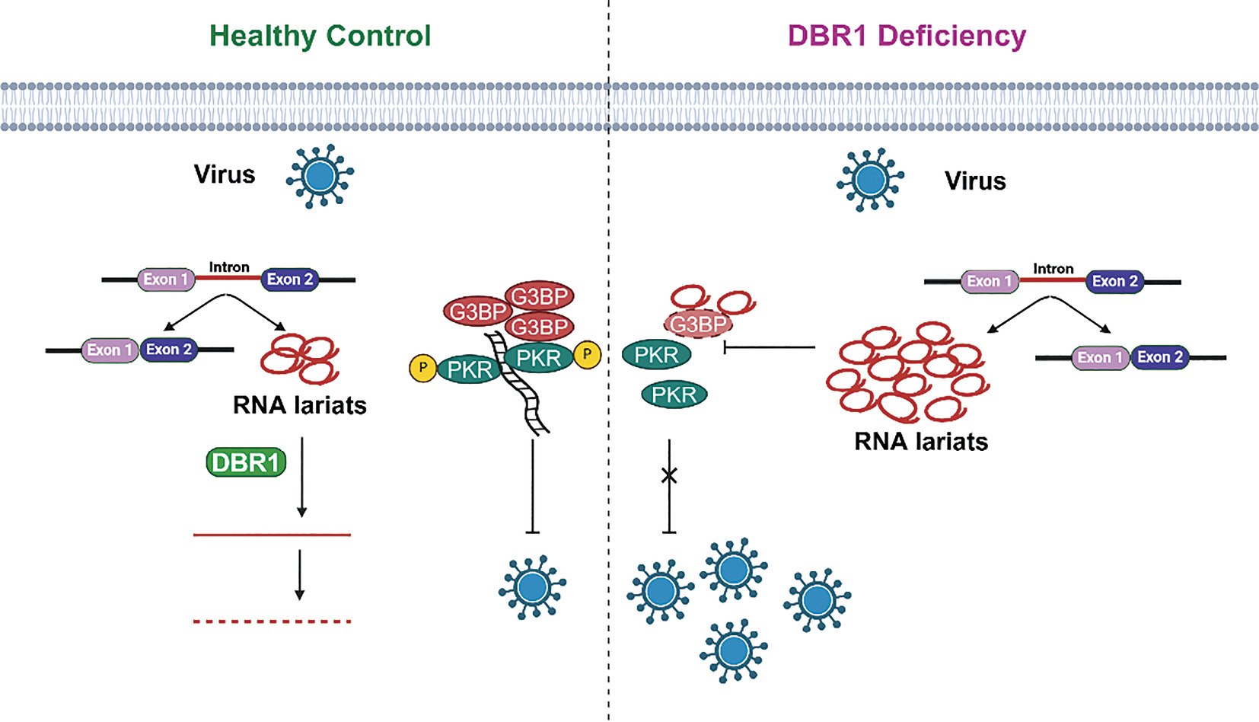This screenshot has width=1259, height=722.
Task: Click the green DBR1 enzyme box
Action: [246, 462]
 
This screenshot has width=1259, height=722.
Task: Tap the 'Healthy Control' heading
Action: [320, 36]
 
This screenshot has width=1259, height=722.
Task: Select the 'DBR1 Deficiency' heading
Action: [907, 36]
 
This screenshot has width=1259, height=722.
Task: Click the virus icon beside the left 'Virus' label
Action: [320, 176]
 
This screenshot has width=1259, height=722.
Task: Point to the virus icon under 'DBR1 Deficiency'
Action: [870, 180]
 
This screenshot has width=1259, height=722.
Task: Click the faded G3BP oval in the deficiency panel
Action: [698, 324]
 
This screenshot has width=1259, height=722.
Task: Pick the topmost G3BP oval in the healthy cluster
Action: [540, 296]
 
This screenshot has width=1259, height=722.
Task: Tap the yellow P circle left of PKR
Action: [422, 368]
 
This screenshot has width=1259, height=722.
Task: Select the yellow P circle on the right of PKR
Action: [587, 354]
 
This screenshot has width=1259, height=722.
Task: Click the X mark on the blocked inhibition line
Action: [669, 476]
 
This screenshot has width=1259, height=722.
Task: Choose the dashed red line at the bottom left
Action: [272, 621]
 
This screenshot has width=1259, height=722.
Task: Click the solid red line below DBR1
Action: [272, 535]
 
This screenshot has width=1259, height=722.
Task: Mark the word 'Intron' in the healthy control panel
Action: [229, 267]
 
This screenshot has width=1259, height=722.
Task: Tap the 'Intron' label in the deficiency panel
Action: [1053, 269]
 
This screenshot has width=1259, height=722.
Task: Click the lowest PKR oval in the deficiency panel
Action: [674, 395]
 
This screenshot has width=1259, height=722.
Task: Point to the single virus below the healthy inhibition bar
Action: [532, 586]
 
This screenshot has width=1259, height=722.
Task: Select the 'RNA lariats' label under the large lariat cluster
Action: [921, 442]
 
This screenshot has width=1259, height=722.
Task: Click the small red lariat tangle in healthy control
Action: [299, 358]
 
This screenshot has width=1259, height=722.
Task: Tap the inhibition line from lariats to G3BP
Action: [769, 348]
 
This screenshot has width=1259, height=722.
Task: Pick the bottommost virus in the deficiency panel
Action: [733, 650]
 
